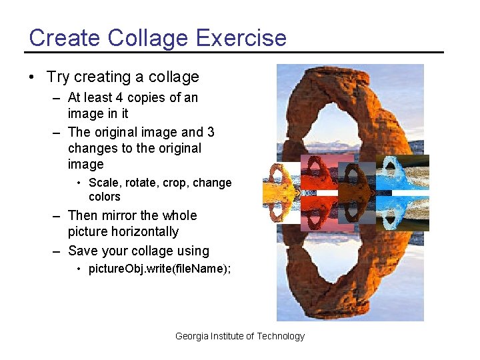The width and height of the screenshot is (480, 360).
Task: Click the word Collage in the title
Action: coord(139,37)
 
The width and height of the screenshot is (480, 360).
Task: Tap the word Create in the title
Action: coord(59,37)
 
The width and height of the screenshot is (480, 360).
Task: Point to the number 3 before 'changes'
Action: coord(210,132)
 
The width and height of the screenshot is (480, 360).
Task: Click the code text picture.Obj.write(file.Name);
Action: coord(160,269)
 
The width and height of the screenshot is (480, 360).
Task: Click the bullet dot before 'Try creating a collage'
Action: coord(32,77)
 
